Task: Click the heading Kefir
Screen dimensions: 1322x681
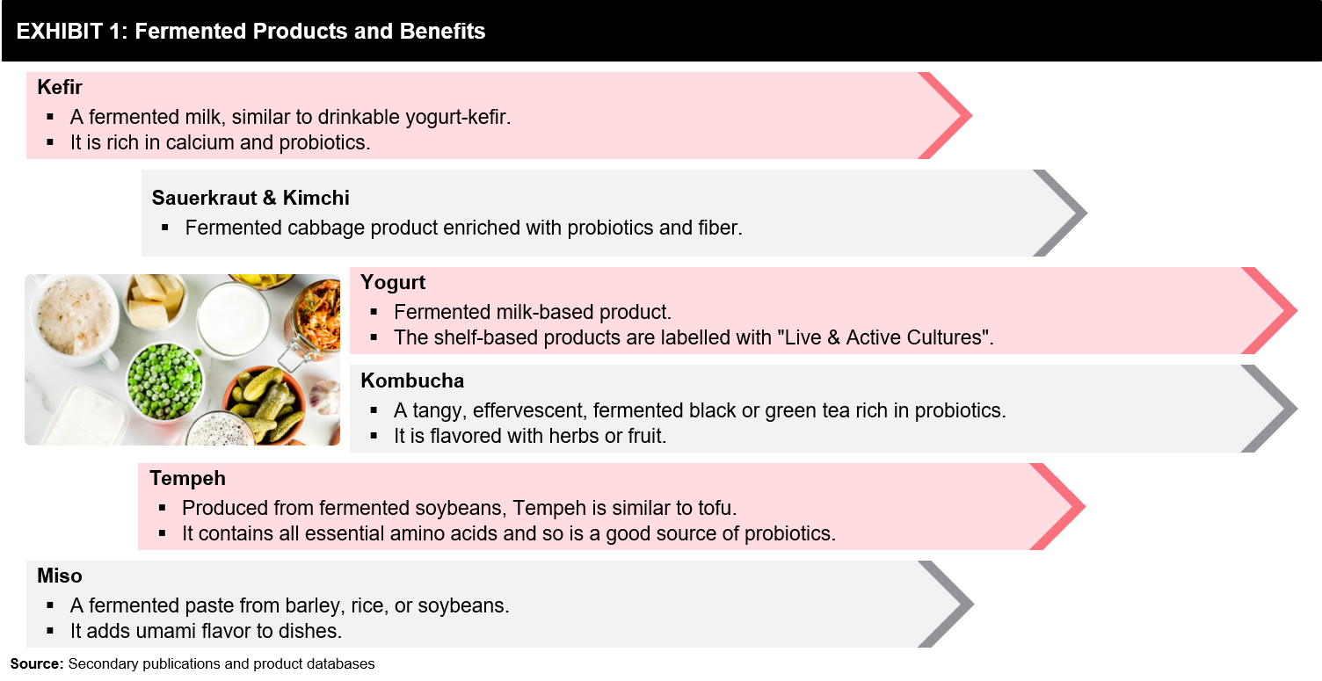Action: pyautogui.click(x=60, y=87)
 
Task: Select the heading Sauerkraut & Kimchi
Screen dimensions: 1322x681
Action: pyautogui.click(x=251, y=198)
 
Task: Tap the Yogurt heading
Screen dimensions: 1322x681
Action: pyautogui.click(x=392, y=283)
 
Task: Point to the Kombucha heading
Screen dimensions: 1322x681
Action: pyautogui.click(x=412, y=380)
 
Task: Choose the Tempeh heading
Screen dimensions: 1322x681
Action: pyautogui.click(x=187, y=479)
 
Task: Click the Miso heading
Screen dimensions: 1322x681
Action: pyautogui.click(x=60, y=576)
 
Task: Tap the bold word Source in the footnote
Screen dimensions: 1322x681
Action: pyautogui.click(x=36, y=664)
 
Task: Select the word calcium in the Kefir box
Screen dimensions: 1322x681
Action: pyautogui.click(x=200, y=143)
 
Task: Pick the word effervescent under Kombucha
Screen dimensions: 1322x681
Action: pyautogui.click(x=523, y=410)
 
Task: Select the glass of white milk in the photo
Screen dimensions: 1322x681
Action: pyautogui.click(x=233, y=319)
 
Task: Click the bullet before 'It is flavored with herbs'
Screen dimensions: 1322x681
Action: pyautogui.click(x=374, y=436)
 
